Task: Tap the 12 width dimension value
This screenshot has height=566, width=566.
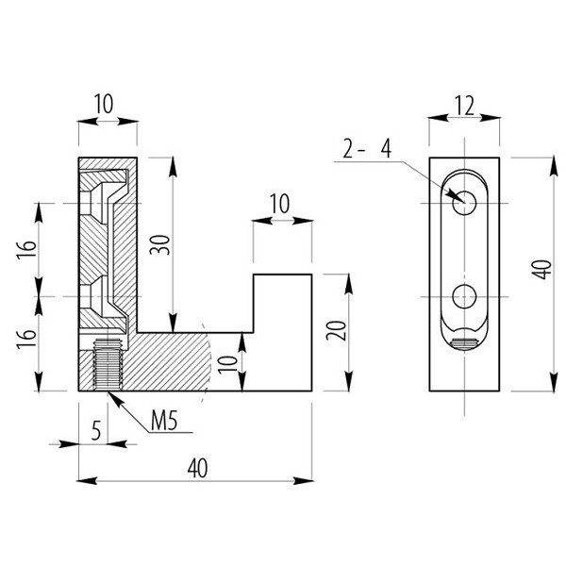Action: [462, 107]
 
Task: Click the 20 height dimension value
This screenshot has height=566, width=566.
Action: [341, 331]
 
